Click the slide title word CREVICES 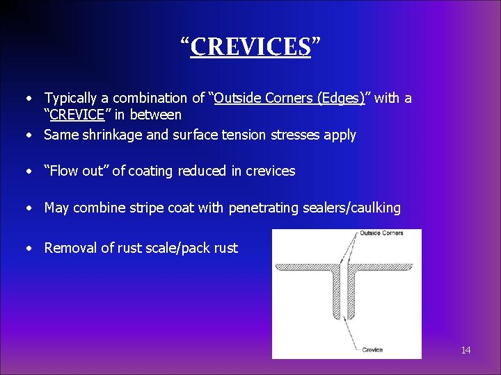(250, 47)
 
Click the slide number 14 (466, 350)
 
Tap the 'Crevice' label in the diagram (372, 349)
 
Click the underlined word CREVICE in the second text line (77, 115)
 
